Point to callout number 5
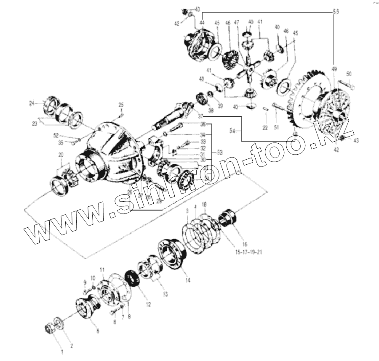(x=98, y=331)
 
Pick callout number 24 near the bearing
(x=43, y=103)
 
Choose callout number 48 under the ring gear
(x=295, y=134)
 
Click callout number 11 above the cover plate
(x=101, y=269)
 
